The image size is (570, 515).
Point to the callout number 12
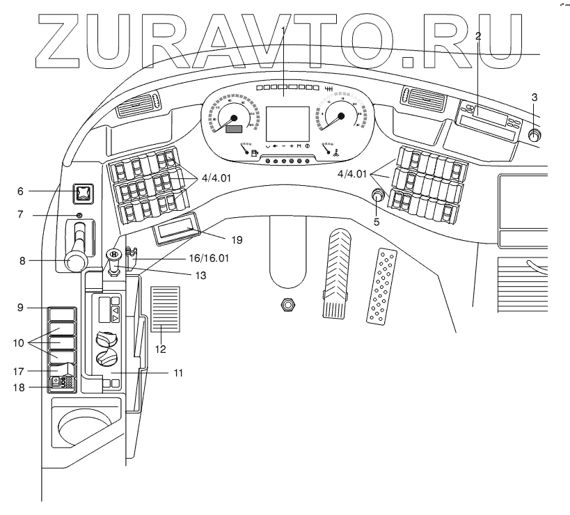[160, 348]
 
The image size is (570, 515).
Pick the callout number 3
[534, 96]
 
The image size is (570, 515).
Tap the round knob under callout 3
[535, 136]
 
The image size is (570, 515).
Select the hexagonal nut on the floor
[285, 304]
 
